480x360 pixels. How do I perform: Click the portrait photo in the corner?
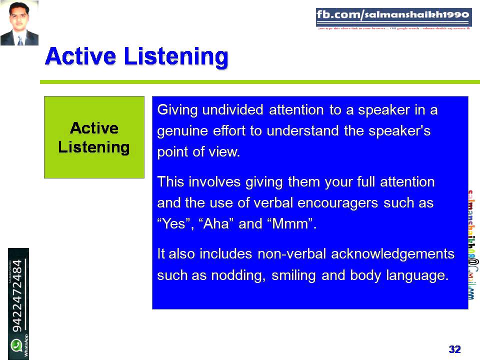tap(19, 23)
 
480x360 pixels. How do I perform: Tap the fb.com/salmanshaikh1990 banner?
tap(393, 17)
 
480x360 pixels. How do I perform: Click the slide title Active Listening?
tap(136, 57)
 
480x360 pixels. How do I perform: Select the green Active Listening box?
tap(94, 137)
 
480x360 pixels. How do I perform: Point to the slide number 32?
tap(454, 349)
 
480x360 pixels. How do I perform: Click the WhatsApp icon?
tap(17, 345)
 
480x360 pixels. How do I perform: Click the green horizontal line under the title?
tap(260, 82)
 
